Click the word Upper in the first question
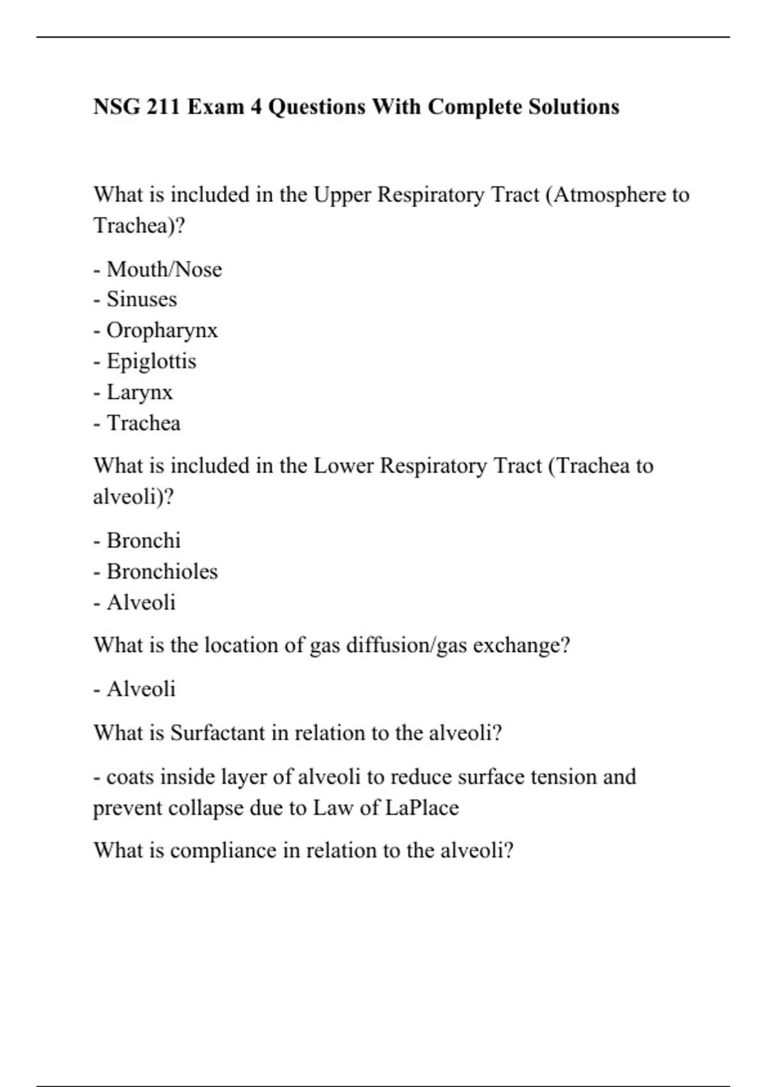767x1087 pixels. (x=342, y=194)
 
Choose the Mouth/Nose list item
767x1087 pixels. (x=164, y=269)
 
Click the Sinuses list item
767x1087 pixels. (x=141, y=299)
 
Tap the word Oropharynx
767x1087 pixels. (x=162, y=330)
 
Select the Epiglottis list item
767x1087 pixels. (x=151, y=361)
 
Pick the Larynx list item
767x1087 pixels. (x=139, y=392)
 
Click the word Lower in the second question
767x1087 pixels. (x=343, y=465)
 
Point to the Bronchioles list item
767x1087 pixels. (x=162, y=571)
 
